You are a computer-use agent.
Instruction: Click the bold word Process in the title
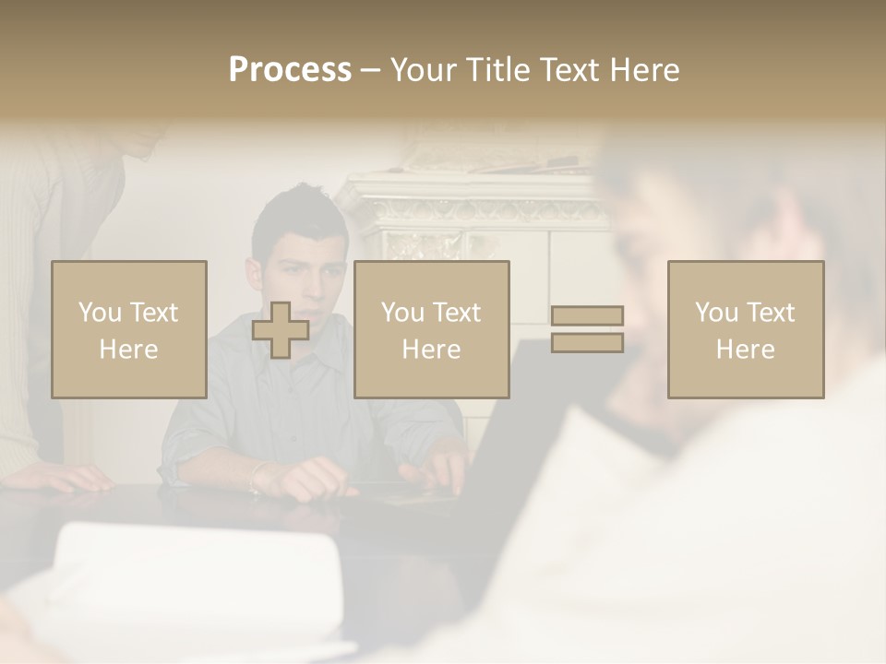(290, 70)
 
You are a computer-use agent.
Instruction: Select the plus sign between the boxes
(281, 330)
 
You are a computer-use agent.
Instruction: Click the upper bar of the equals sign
(587, 316)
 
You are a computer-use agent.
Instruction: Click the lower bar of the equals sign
(587, 343)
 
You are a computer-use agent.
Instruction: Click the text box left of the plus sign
(129, 330)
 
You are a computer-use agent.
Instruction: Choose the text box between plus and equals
(432, 330)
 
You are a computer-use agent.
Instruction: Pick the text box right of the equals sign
(746, 330)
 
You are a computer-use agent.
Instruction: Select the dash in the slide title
(371, 70)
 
